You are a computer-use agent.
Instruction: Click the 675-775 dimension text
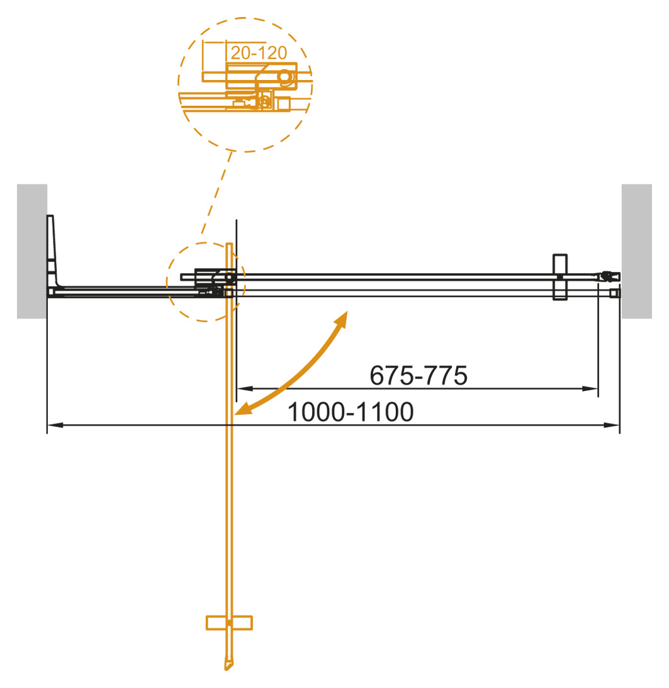[419, 376]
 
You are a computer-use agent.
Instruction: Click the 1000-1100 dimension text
[351, 412]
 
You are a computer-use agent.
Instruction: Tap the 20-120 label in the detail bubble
[259, 52]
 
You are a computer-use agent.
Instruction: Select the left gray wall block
[32, 251]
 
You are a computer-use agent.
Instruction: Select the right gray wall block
[636, 251]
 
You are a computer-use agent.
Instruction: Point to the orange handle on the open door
[229, 622]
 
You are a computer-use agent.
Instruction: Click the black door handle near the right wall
[559, 277]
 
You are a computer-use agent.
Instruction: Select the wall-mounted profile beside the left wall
[52, 252]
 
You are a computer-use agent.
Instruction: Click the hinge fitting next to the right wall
[608, 276]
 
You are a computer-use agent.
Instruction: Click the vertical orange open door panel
[229, 472]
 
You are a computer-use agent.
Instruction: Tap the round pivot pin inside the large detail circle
[285, 76]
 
